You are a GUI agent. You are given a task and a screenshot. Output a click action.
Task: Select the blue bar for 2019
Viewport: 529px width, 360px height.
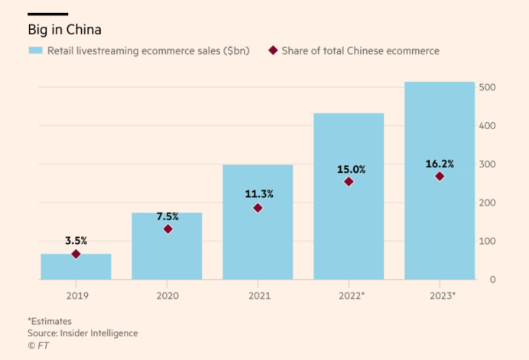pyautogui.click(x=76, y=267)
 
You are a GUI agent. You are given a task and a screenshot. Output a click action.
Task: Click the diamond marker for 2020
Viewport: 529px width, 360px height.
pyautogui.click(x=167, y=229)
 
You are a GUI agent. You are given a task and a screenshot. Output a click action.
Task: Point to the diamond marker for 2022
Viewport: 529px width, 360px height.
pyautogui.click(x=349, y=182)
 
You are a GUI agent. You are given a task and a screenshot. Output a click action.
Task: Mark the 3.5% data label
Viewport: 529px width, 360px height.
pyautogui.click(x=76, y=240)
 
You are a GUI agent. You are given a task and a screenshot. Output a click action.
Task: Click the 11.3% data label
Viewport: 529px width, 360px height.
pyautogui.click(x=258, y=194)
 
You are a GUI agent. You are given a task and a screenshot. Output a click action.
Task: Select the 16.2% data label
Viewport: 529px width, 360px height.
pyautogui.click(x=440, y=164)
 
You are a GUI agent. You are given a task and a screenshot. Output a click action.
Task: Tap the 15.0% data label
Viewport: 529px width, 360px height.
pyautogui.click(x=349, y=169)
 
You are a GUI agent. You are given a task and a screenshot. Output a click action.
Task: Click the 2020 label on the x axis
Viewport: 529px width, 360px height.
pyautogui.click(x=167, y=294)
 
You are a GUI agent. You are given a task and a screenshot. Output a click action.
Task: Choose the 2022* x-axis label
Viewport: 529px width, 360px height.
pyautogui.click(x=350, y=294)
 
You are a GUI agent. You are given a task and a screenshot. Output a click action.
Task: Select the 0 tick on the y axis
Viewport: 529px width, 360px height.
pyautogui.click(x=494, y=280)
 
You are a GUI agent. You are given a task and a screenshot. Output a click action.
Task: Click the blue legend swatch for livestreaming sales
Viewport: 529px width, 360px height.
pyautogui.click(x=35, y=50)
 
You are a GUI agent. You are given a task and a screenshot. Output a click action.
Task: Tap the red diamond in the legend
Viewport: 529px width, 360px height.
pyautogui.click(x=272, y=50)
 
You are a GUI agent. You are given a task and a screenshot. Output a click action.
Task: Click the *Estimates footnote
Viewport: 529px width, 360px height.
pyautogui.click(x=49, y=321)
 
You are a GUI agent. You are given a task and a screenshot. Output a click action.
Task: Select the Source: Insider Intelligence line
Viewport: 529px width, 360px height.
pyautogui.click(x=83, y=333)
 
